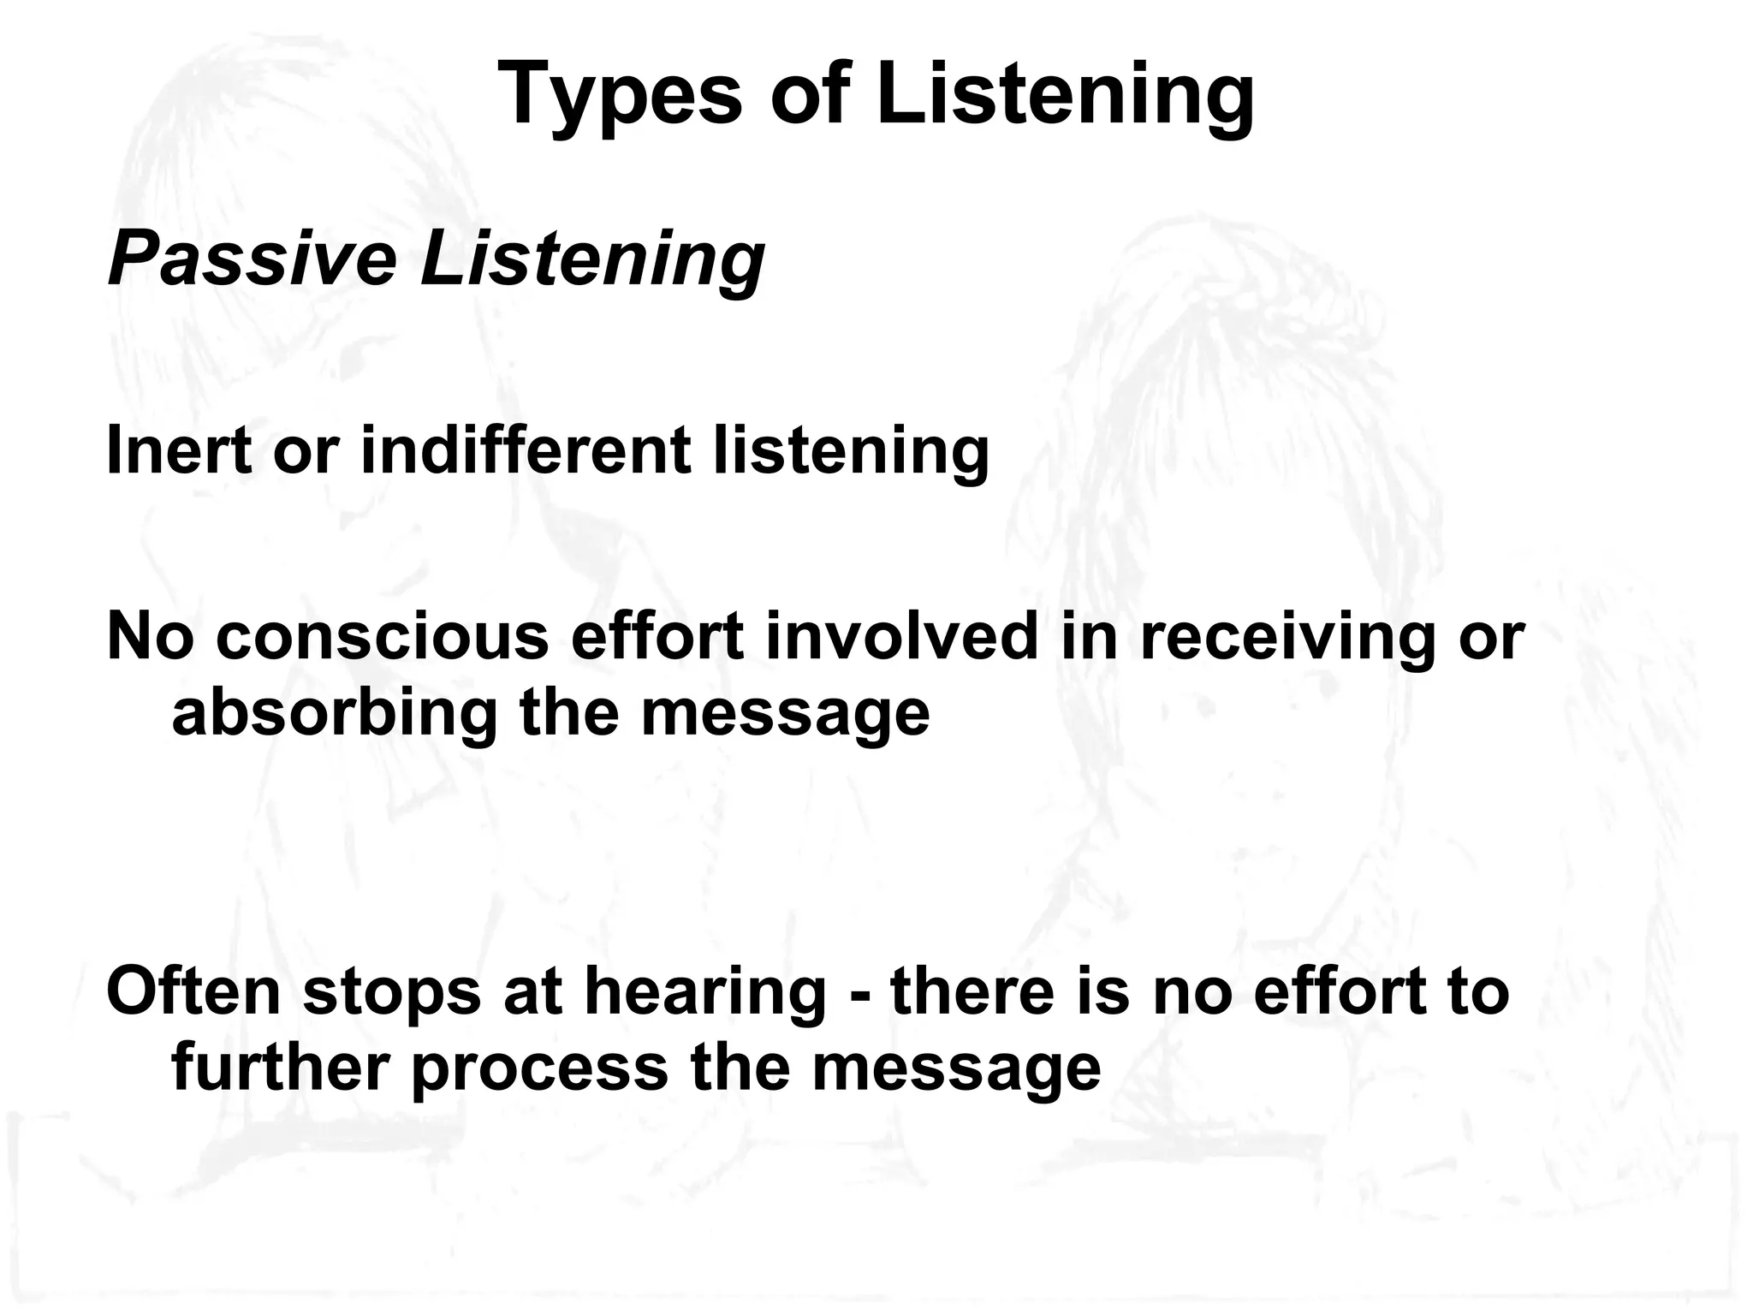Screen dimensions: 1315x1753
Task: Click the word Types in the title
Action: [x=619, y=96]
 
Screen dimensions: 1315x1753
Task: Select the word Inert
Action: [x=179, y=450]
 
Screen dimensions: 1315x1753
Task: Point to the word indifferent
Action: [x=526, y=450]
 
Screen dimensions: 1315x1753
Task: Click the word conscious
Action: [x=383, y=637]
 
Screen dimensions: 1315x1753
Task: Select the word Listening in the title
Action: [x=1065, y=96]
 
